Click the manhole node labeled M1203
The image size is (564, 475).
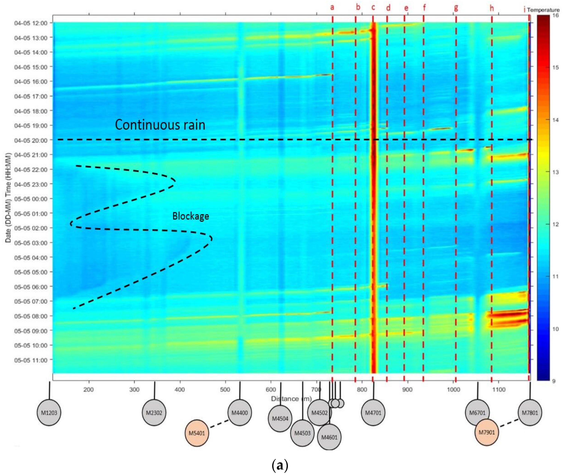(49, 412)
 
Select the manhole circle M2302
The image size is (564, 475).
(154, 412)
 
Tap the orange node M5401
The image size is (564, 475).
(197, 433)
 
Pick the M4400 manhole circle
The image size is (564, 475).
(239, 412)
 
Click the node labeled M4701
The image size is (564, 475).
(373, 412)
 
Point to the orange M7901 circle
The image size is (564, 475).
(487, 432)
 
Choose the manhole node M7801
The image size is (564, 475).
(530, 412)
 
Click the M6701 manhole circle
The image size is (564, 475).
(477, 412)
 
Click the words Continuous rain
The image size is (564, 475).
(160, 125)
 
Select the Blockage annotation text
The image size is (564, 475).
(190, 216)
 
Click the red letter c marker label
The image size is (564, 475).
(373, 7)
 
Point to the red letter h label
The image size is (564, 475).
(492, 8)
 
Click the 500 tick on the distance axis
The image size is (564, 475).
(225, 390)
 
